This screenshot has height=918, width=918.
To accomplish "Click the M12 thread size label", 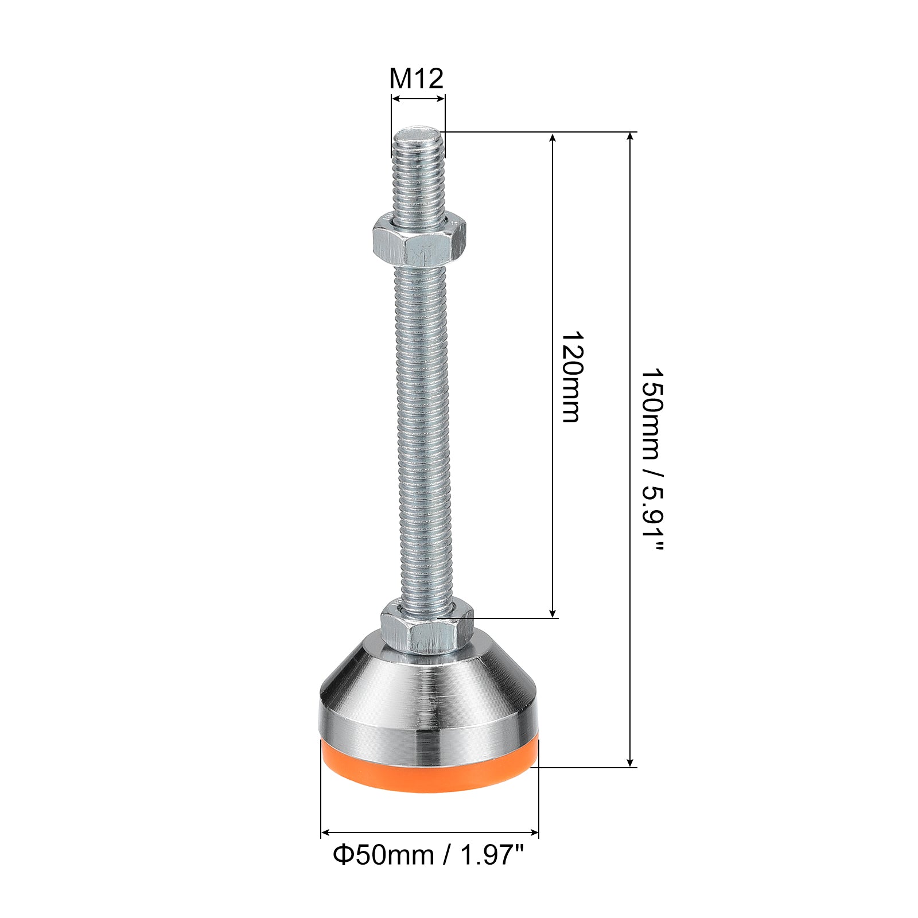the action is tap(417, 78).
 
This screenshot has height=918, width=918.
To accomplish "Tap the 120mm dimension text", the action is tap(571, 376).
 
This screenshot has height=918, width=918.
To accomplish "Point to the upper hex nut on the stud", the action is tap(419, 239).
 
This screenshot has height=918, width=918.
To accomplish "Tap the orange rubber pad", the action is tap(430, 766).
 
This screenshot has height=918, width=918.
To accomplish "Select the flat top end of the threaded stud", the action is tap(418, 133).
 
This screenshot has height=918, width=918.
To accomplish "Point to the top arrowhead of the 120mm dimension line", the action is tap(553, 138).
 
